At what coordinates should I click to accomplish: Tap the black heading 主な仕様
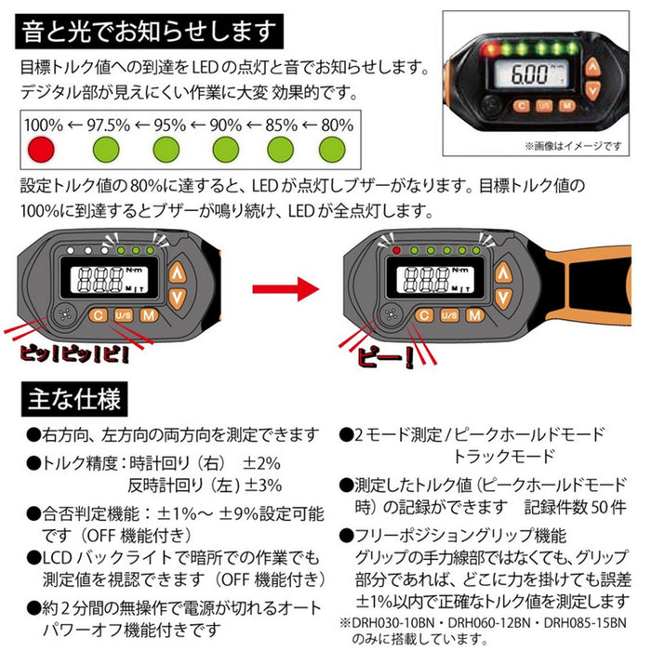click(x=75, y=400)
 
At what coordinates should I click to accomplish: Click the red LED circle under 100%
click(x=39, y=148)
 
